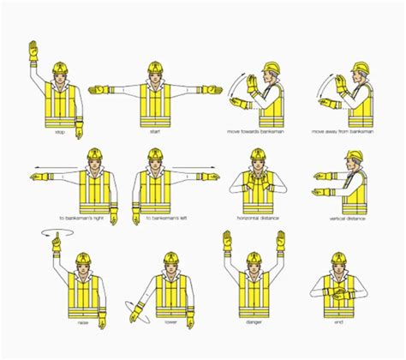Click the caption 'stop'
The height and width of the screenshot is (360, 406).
click(61, 133)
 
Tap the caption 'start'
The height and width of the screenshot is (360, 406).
click(154, 133)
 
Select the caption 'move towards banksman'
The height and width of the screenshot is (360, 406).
click(257, 133)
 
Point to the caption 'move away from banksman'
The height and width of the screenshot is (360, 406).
click(346, 133)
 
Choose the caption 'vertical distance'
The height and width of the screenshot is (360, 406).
click(347, 218)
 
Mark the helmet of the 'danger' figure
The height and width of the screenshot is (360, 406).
click(254, 256)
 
